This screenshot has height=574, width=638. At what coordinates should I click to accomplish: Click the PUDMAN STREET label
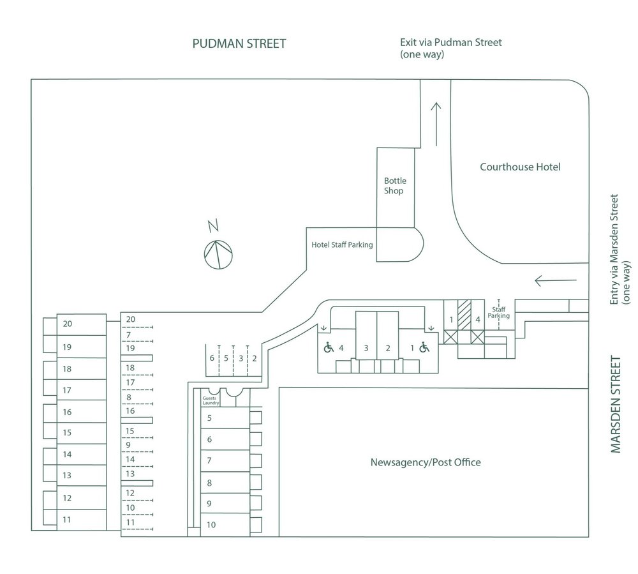point(239,44)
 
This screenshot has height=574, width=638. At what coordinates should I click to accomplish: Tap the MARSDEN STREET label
point(616,404)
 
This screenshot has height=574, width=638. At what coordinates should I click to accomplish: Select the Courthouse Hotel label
point(520,167)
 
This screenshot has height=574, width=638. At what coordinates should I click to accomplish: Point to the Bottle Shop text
point(394,186)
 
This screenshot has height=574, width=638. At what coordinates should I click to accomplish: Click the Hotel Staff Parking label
point(342,245)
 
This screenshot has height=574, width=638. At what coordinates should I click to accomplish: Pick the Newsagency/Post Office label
point(426,462)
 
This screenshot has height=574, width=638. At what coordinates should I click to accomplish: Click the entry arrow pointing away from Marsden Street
point(547,280)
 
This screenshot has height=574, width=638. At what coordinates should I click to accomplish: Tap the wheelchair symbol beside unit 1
point(424,348)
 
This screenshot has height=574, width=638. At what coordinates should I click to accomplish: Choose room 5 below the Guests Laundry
point(209,418)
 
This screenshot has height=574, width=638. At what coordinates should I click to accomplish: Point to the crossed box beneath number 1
point(451,336)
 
